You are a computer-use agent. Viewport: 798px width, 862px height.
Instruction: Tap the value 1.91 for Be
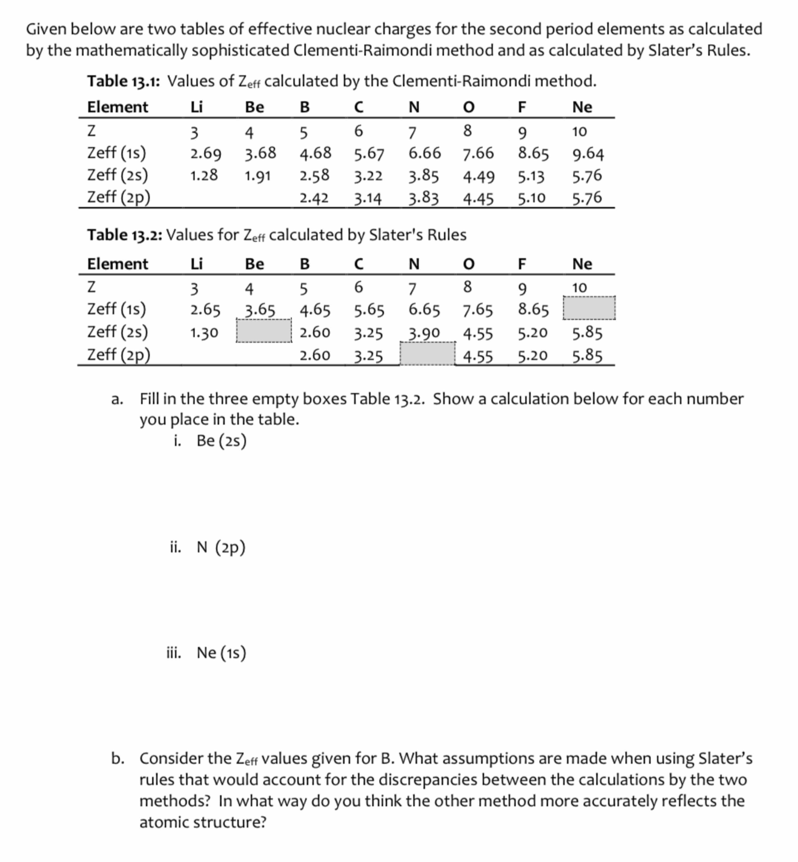[x=257, y=176]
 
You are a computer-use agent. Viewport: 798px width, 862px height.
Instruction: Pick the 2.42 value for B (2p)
[x=314, y=198]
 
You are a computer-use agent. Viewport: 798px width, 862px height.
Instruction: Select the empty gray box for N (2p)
[x=427, y=354]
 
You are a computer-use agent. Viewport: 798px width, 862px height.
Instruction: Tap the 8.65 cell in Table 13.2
[x=533, y=310]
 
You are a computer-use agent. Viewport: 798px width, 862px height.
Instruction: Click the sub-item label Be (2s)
[x=221, y=441]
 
